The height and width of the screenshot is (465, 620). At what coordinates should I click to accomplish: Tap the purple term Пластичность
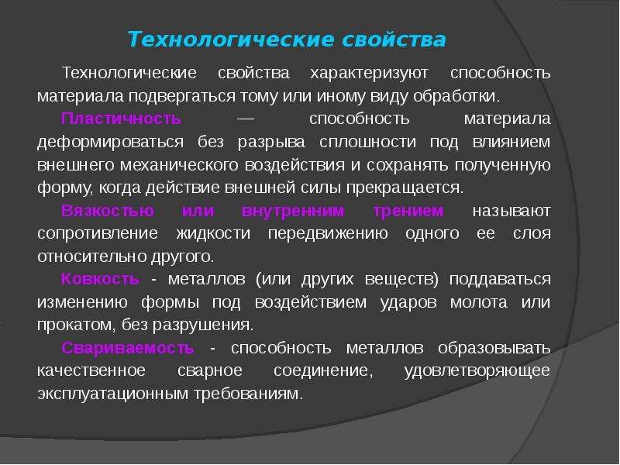121,119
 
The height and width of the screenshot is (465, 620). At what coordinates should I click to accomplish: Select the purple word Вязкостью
108,211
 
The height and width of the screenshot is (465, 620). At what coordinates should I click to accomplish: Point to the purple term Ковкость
101,279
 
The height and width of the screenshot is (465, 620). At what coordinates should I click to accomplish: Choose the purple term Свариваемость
128,348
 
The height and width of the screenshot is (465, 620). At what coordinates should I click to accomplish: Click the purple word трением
408,211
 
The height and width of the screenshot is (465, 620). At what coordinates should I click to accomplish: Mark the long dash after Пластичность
245,119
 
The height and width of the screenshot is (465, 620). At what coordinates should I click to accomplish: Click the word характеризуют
369,73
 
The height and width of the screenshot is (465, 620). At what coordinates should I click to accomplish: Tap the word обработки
456,96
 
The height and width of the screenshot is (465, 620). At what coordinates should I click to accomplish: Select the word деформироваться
110,142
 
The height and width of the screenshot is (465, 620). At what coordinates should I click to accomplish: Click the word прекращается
405,188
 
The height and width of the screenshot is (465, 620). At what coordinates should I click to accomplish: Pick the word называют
511,211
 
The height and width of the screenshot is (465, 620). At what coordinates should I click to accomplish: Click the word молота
478,302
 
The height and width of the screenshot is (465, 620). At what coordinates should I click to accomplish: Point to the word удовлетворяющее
477,371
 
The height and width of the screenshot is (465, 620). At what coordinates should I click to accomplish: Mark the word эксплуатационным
112,394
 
